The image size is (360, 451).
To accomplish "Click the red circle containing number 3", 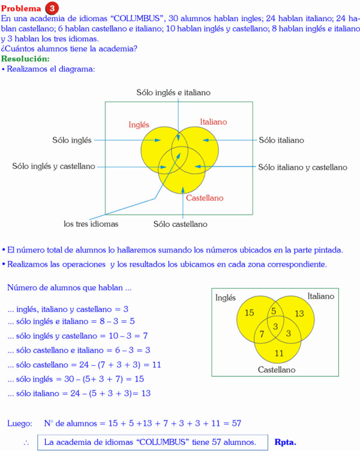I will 53,8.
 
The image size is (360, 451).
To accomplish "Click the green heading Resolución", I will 25,59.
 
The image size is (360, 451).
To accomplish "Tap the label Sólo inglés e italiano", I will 173,92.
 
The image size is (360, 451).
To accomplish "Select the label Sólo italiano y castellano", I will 302,167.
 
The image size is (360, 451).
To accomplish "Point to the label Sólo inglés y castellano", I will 54,166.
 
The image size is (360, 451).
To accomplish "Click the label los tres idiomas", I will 91,224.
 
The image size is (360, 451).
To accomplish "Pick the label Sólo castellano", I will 181,224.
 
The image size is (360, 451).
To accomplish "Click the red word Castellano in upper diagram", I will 205,198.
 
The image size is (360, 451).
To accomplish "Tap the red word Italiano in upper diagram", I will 214,122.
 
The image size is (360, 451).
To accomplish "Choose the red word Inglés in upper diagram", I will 139,125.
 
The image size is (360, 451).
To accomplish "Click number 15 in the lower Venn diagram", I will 250,312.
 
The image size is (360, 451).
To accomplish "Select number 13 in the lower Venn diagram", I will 299,314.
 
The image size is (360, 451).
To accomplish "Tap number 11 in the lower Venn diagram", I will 279,353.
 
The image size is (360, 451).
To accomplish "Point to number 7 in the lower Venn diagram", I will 262,333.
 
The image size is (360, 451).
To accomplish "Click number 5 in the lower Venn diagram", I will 274,311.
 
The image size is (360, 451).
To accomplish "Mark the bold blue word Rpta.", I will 285,442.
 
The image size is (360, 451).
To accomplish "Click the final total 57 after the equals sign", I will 236,423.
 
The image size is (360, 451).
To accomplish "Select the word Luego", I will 20,423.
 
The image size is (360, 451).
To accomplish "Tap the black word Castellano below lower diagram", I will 277,370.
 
